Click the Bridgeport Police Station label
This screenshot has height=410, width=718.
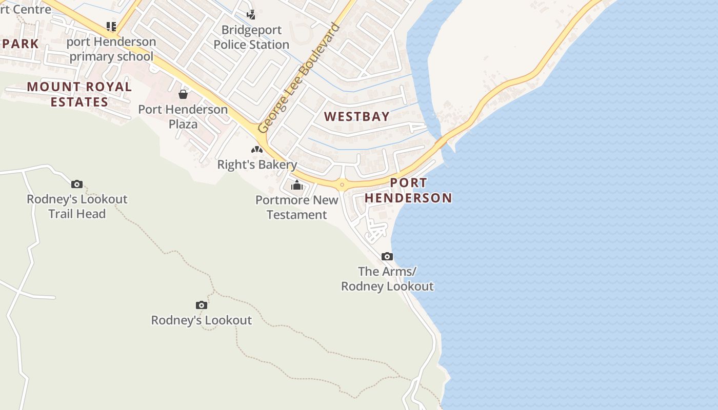pos(251,37)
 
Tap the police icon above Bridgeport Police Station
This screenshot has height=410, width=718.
pos(251,14)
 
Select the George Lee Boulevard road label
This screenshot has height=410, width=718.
pos(299,78)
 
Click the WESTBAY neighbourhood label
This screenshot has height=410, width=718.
pos(357,117)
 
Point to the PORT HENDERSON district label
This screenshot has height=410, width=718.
pos(408,190)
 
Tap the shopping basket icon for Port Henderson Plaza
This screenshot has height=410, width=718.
pos(183,94)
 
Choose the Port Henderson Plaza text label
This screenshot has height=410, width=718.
pos(183,117)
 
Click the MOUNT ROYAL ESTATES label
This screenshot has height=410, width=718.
pos(79,94)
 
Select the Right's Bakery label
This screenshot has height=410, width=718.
pos(257,165)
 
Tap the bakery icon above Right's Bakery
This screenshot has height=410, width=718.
pos(257,150)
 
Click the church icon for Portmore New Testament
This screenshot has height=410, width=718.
pos(297,185)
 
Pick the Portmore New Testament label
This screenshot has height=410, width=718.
pos(297,207)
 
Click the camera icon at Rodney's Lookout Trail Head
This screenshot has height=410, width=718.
pos(77,184)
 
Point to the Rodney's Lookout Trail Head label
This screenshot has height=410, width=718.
pos(77,207)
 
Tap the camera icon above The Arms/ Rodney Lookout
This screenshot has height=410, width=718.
pos(387,256)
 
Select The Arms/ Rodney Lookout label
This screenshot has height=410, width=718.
pos(387,279)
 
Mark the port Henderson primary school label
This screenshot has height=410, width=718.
pos(111,49)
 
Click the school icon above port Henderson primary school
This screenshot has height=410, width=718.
pos(111,26)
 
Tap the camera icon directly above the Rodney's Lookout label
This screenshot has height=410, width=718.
pos(202,305)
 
